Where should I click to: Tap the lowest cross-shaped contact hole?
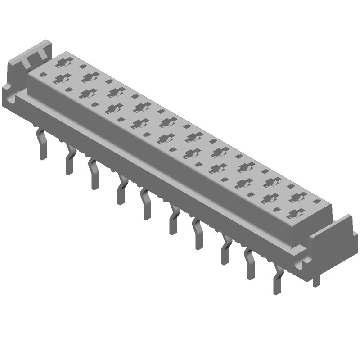click(x=294, y=213)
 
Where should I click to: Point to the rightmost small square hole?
click(x=317, y=201)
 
